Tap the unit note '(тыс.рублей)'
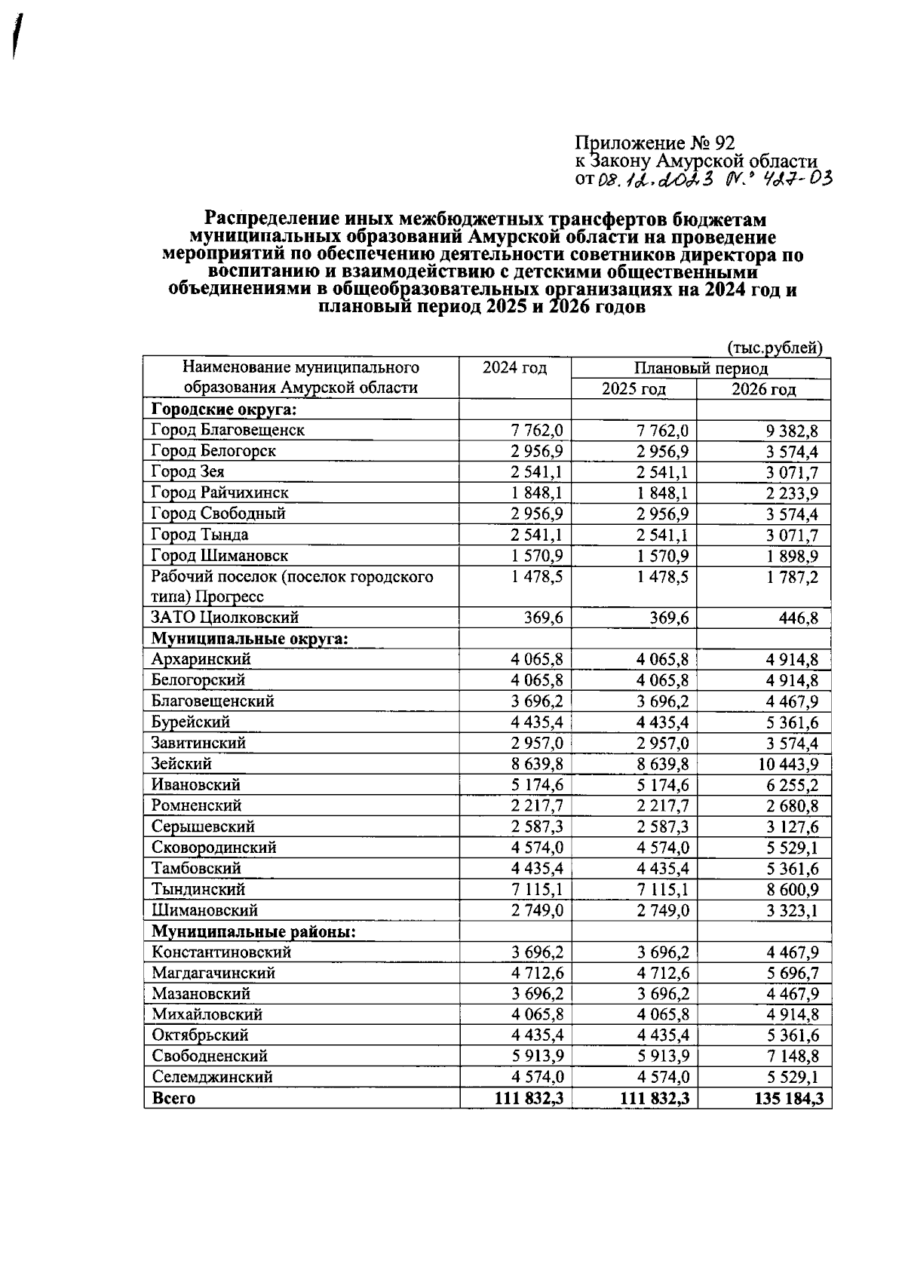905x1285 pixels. pyautogui.click(x=775, y=348)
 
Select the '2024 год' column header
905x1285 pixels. pyautogui.click(x=514, y=368)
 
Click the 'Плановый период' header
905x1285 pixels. pyautogui.click(x=701, y=369)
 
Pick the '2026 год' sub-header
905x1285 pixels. pyautogui.click(x=763, y=390)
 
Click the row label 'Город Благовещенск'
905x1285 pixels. pyautogui.click(x=228, y=431)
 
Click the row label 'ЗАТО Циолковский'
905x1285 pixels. pyautogui.click(x=225, y=618)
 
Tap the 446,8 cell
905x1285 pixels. pyautogui.click(x=798, y=618)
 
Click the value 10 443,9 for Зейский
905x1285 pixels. pyautogui.click(x=788, y=765)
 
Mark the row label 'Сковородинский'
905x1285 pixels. pyautogui.click(x=213, y=848)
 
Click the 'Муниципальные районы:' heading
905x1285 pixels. pyautogui.click(x=253, y=932)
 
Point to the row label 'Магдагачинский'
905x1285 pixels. pyautogui.click(x=213, y=974)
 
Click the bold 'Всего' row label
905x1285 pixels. pyautogui.click(x=173, y=1099)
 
